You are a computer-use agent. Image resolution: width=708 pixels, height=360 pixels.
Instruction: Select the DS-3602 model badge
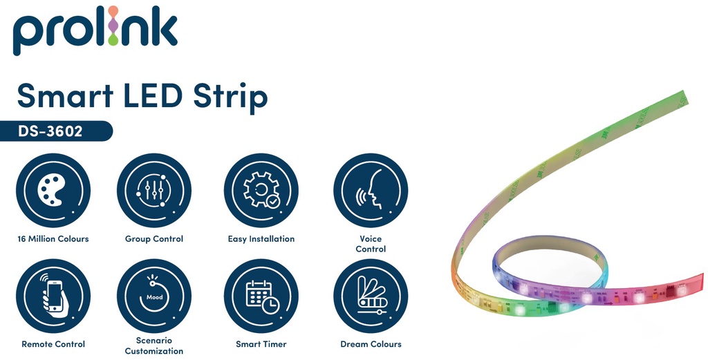(x=55, y=131)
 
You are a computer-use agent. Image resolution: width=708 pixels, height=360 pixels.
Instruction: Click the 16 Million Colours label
(x=53, y=239)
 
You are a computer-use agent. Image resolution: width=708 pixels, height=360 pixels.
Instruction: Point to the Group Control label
(x=154, y=239)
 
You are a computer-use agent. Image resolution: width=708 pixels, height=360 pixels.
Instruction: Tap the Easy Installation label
(x=261, y=239)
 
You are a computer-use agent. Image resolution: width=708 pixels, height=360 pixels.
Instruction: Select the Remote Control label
(x=53, y=344)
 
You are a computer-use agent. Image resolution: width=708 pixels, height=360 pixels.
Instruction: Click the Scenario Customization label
(x=154, y=345)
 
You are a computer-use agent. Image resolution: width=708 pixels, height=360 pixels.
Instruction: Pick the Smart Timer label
(x=261, y=344)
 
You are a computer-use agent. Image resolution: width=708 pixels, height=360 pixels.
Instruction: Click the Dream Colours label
(x=371, y=344)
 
